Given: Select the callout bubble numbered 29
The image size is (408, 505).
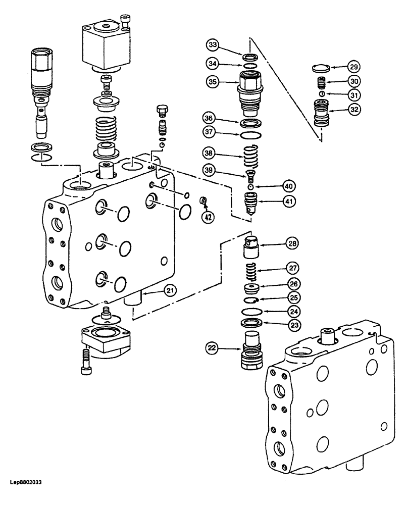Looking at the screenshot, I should (353, 66).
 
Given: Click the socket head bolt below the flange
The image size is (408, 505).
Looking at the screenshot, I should (85, 363).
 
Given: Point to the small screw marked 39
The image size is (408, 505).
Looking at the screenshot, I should (248, 175).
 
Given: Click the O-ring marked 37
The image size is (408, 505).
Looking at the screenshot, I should (250, 135).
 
